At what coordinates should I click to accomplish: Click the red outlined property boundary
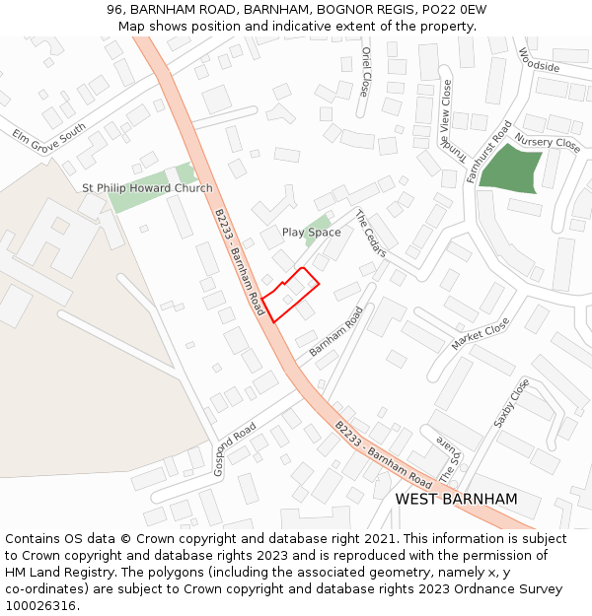(x=291, y=294)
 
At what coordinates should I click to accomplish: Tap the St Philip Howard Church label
(x=147, y=188)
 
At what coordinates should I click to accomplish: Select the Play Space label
(x=311, y=233)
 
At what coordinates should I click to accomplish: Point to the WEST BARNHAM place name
(x=456, y=499)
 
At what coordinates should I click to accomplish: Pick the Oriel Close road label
(x=365, y=71)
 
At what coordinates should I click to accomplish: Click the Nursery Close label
(x=548, y=143)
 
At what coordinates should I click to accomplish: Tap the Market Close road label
(x=480, y=334)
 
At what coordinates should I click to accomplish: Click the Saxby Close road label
(x=511, y=403)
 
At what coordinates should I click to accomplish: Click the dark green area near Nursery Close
(x=510, y=168)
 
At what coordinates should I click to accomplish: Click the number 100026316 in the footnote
(x=41, y=605)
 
